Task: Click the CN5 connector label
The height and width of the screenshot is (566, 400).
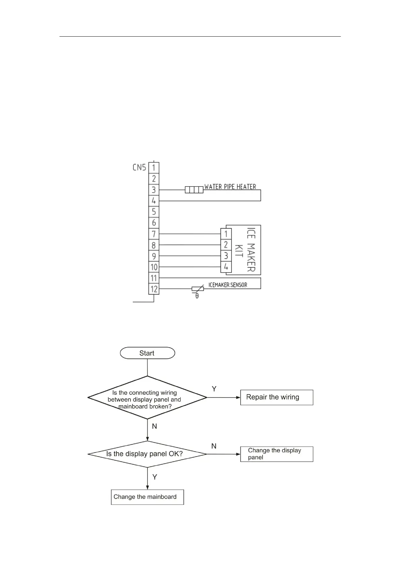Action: pyautogui.click(x=139, y=167)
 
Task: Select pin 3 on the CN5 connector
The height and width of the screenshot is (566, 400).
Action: pyautogui.click(x=154, y=190)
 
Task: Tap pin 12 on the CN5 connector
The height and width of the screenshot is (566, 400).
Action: pyautogui.click(x=154, y=289)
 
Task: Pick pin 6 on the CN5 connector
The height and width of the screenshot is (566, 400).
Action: pyautogui.click(x=154, y=223)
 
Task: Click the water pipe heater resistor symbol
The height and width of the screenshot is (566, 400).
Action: pyautogui.click(x=194, y=190)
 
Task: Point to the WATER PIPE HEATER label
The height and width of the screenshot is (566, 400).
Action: pyautogui.click(x=230, y=187)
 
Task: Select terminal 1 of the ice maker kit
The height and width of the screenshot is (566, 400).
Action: pyautogui.click(x=226, y=234)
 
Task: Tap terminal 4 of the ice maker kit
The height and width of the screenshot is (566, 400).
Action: pyautogui.click(x=226, y=267)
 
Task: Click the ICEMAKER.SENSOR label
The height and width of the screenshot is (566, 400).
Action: pyautogui.click(x=228, y=285)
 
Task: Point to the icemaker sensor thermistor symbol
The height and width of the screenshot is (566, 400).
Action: pyautogui.click(x=198, y=289)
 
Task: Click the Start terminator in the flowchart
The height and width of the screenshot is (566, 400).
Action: pyautogui.click(x=147, y=353)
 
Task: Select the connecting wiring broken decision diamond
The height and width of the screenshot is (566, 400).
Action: pyautogui.click(x=147, y=398)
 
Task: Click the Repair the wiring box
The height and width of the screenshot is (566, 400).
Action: pyautogui.click(x=277, y=397)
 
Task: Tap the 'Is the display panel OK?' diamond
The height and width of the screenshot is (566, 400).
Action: pyautogui.click(x=147, y=454)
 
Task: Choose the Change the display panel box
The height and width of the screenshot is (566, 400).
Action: pyautogui.click(x=277, y=454)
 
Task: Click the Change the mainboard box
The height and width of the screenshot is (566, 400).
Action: pyautogui.click(x=147, y=497)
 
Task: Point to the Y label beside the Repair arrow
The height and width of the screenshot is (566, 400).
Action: pyautogui.click(x=214, y=389)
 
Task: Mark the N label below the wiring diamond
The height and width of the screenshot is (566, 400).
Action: pyautogui.click(x=155, y=426)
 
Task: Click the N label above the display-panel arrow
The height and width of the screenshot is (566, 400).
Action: pyautogui.click(x=214, y=446)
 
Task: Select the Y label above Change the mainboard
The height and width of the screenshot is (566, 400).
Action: pyautogui.click(x=155, y=477)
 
